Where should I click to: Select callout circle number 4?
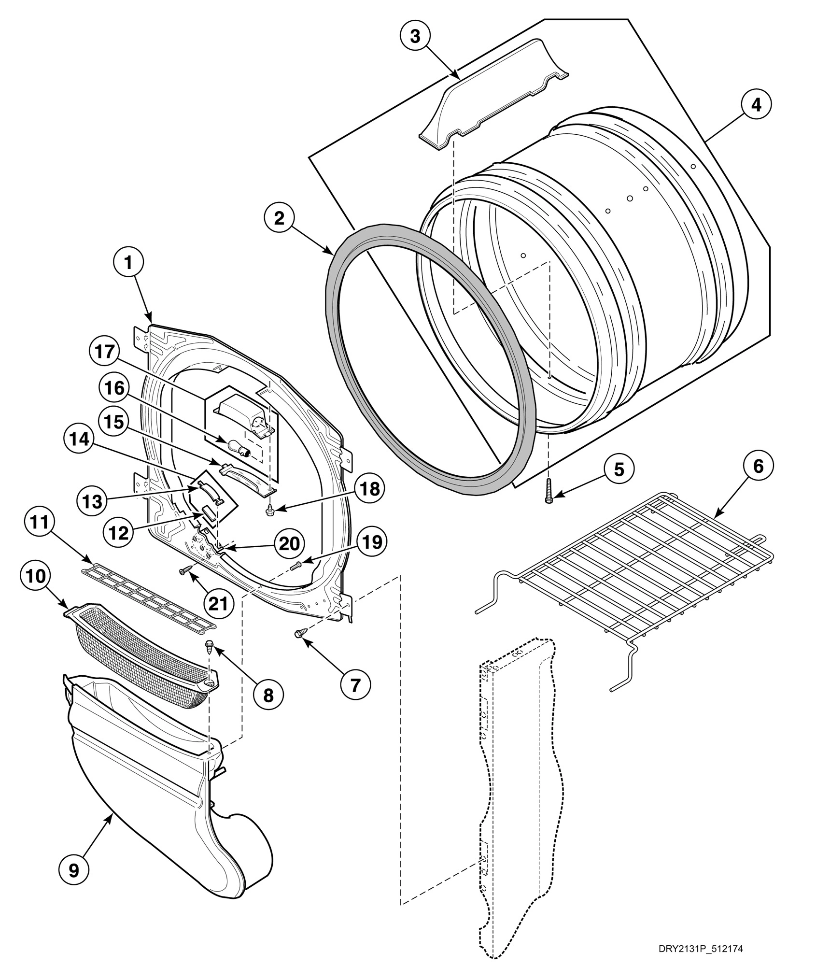pos(756,105)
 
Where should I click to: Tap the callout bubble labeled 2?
pos(279,219)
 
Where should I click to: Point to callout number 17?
pos(105,352)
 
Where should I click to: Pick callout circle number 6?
pos(758,466)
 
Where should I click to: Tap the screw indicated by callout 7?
pos(299,633)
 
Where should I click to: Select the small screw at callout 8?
pos(211,645)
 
